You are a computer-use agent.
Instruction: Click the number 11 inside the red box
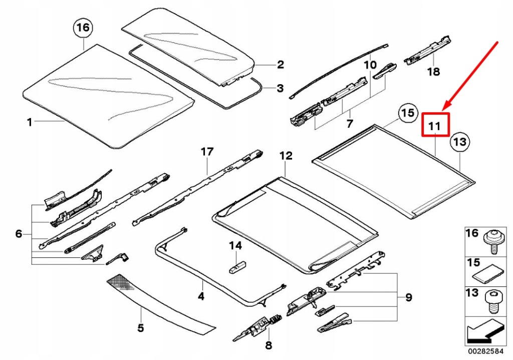434,126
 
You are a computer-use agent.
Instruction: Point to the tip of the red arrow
444,109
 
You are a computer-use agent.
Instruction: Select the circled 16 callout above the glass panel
83,28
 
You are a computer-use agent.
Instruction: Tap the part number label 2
280,64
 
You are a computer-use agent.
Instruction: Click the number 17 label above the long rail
207,151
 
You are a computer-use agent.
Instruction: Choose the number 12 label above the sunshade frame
286,156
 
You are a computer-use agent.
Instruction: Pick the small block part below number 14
237,266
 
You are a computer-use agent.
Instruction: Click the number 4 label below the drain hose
201,296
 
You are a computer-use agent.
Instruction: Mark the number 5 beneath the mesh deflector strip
141,328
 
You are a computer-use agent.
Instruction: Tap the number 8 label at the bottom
269,345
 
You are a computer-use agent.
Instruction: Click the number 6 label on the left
19,233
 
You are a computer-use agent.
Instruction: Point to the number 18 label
433,72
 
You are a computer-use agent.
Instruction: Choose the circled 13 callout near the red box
460,143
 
